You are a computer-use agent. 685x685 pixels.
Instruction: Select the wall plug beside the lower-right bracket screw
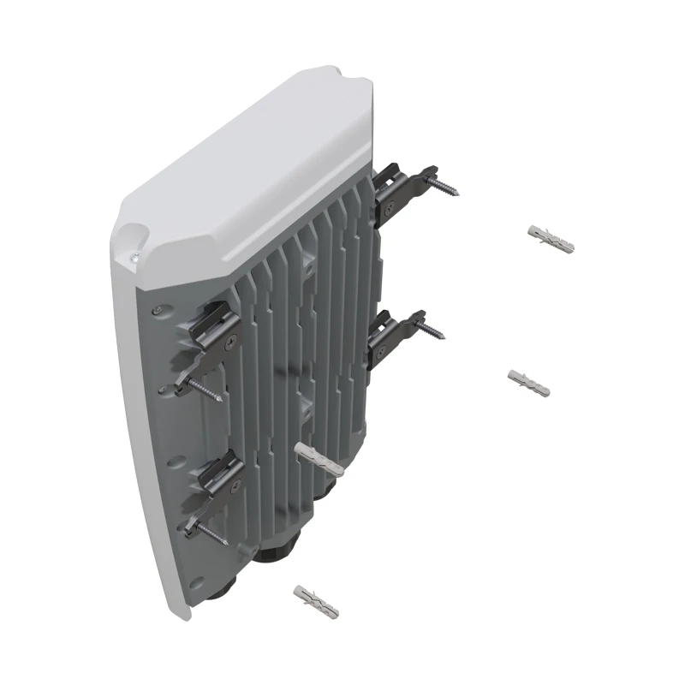coord(528,383)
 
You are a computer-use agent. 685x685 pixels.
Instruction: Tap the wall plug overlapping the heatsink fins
coord(319,460)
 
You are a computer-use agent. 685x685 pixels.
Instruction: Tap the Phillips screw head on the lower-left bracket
coord(232,485)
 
